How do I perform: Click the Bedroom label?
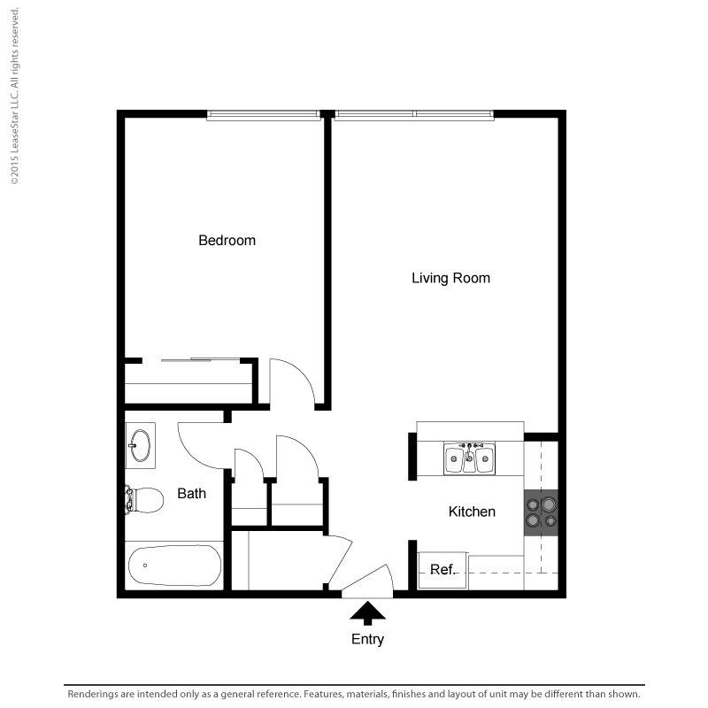(x=227, y=240)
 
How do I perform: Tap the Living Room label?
(x=450, y=278)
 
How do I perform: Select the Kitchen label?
(x=472, y=512)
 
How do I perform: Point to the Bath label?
(x=191, y=494)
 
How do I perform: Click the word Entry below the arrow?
(x=367, y=639)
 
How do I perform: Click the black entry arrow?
(x=367, y=612)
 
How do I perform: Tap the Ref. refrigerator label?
(x=442, y=570)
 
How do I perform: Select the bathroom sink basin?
(x=140, y=446)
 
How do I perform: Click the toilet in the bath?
(x=144, y=500)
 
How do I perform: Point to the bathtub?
(x=174, y=566)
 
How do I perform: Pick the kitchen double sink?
(x=469, y=458)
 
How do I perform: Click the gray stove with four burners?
(x=541, y=513)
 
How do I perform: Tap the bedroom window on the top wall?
(x=264, y=116)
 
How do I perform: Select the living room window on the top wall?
(x=414, y=116)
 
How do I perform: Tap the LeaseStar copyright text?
(x=15, y=96)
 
